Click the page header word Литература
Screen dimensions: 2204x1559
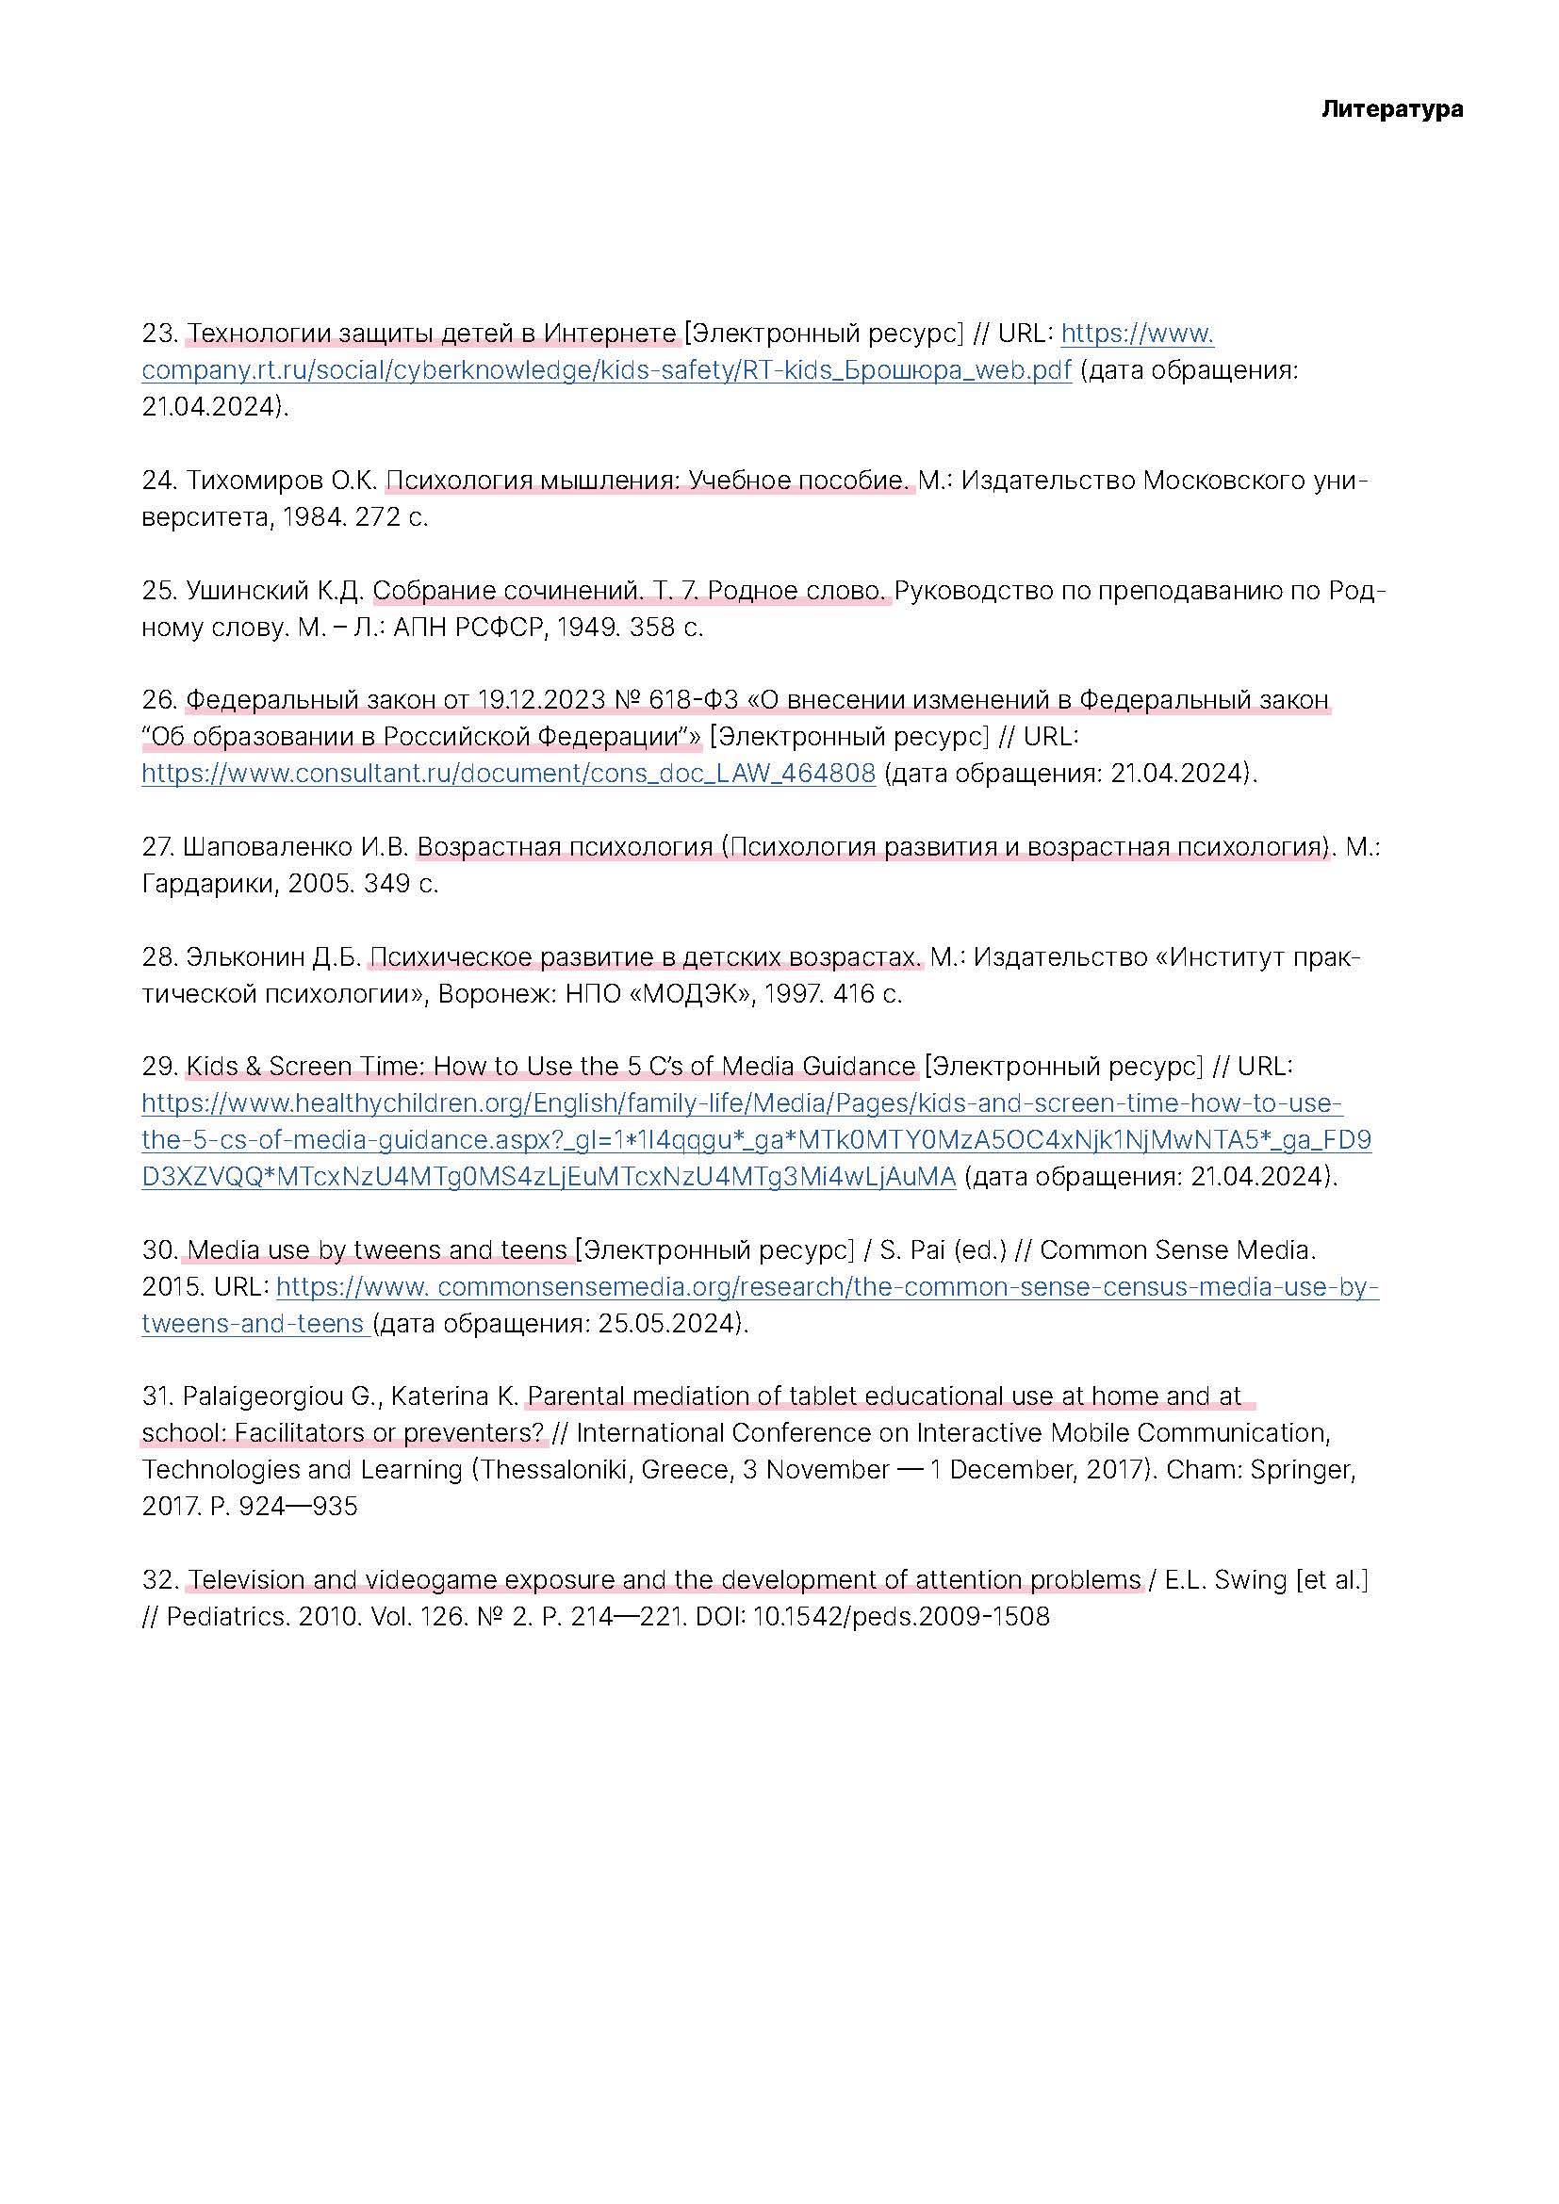click(x=1391, y=109)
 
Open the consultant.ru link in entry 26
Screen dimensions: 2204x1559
click(x=508, y=774)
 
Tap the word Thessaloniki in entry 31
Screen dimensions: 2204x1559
click(x=556, y=1470)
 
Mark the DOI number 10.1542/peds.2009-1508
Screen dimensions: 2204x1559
click(x=899, y=1617)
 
